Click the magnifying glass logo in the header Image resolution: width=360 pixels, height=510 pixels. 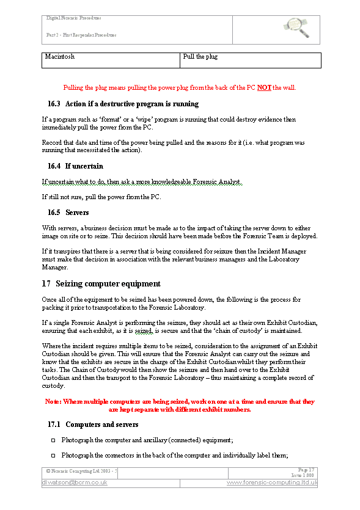299,25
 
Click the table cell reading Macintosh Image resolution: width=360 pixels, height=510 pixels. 60,57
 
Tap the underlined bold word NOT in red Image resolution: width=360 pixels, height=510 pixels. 264,87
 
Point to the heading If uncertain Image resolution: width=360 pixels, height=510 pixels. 84,166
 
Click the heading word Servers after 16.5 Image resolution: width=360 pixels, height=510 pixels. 77,213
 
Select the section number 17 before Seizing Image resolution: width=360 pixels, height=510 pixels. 46,283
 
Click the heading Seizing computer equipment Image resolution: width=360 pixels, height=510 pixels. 108,283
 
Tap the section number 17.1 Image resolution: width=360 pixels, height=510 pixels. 54,424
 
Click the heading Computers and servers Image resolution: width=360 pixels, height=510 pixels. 101,424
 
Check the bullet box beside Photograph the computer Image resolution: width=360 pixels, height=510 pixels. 53,440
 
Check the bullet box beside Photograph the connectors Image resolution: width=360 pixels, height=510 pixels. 53,456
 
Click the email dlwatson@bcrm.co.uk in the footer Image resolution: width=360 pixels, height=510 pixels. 75,483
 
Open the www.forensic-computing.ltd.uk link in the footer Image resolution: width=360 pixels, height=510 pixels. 272,483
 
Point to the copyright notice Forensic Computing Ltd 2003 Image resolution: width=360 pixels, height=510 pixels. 82,472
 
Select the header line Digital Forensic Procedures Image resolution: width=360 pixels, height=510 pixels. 74,18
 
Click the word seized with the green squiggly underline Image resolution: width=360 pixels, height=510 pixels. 142,330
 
